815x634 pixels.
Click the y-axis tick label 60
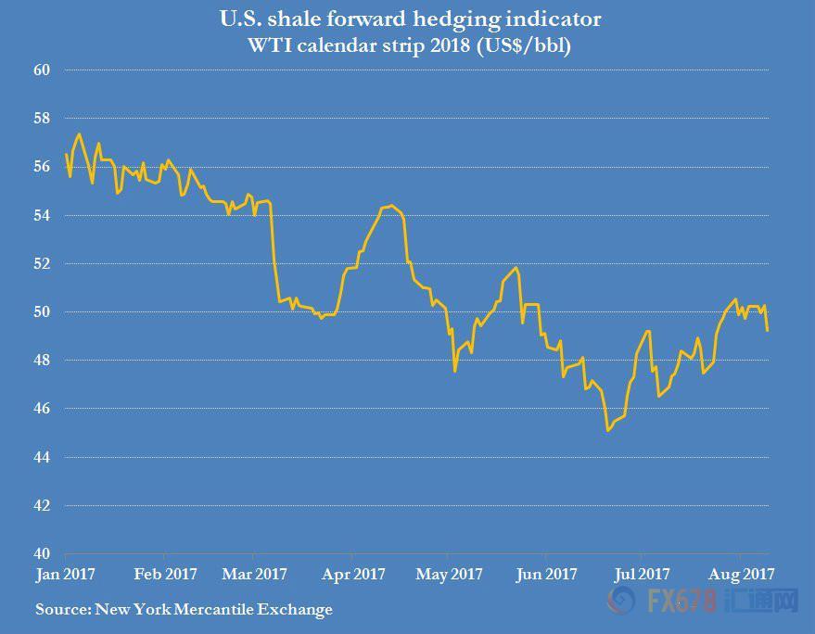coord(42,70)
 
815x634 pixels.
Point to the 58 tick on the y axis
coord(42,118)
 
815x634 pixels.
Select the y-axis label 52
coord(42,263)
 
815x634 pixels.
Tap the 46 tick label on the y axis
coord(42,409)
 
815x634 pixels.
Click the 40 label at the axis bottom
coord(42,553)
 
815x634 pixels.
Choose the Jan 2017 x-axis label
coord(66,575)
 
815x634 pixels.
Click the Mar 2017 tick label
coord(254,575)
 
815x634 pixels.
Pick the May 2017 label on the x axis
coord(449,575)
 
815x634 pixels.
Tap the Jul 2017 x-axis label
coord(642,575)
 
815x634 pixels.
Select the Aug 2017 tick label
coord(741,575)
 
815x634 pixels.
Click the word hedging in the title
coord(456,20)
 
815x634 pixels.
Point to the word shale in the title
coord(294,19)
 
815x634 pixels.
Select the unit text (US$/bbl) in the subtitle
coord(524,45)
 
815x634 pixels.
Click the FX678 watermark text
coord(681,602)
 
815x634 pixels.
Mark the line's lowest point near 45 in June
coord(607,431)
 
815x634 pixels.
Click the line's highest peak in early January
coord(79,134)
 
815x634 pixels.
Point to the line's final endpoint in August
coord(767,331)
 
